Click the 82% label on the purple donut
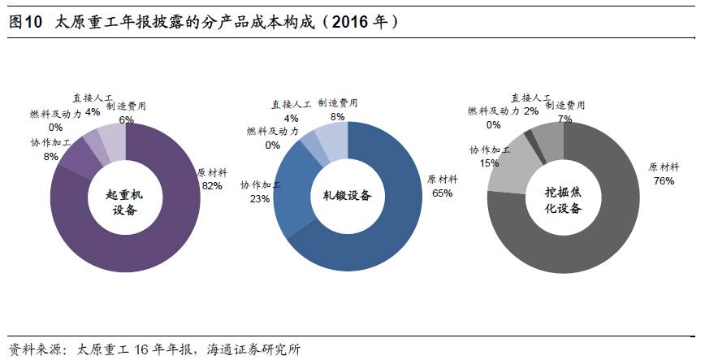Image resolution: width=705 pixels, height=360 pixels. [212, 186]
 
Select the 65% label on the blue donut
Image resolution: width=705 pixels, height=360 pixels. [442, 193]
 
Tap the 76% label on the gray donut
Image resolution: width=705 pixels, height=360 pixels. [663, 180]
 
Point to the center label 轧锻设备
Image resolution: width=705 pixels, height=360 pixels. [348, 196]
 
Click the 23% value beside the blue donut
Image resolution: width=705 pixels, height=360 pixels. [261, 198]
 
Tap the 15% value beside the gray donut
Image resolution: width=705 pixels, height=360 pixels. [489, 163]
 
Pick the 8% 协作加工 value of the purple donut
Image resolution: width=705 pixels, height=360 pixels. [51, 156]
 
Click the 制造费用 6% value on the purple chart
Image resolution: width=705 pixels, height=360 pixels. [126, 119]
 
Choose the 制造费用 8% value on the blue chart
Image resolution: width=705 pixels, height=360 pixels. [337, 116]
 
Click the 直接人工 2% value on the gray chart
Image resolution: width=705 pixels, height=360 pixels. [531, 111]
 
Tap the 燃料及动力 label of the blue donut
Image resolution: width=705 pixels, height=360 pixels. [272, 131]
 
